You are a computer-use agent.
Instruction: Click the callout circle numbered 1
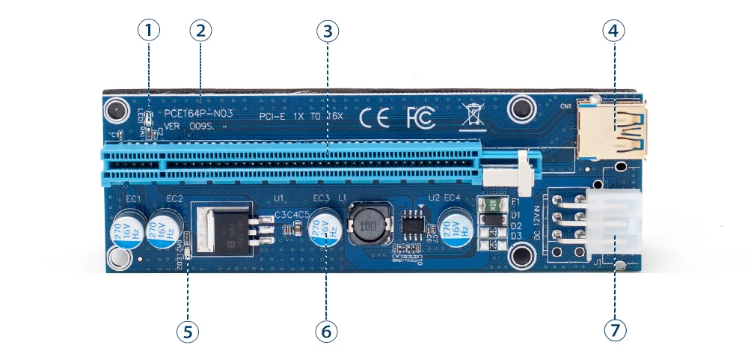(149, 31)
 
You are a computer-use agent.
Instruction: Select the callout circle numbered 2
(200, 31)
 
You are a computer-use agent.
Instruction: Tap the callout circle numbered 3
(328, 31)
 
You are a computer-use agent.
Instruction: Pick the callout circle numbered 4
(614, 31)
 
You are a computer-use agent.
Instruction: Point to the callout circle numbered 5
(188, 332)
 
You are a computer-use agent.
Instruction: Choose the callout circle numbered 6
(326, 332)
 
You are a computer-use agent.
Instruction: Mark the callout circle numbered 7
(615, 332)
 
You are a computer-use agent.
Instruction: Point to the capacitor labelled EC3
(326, 228)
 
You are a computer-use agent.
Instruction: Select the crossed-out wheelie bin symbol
(471, 116)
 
